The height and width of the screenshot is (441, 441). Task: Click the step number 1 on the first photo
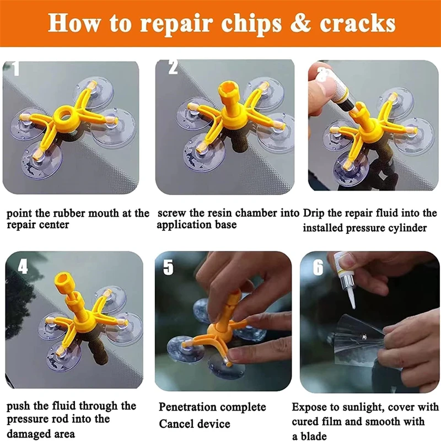[x=15, y=69]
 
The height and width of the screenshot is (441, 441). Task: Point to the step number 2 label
[x=173, y=68]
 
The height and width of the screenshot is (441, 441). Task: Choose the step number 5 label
[x=168, y=267]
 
